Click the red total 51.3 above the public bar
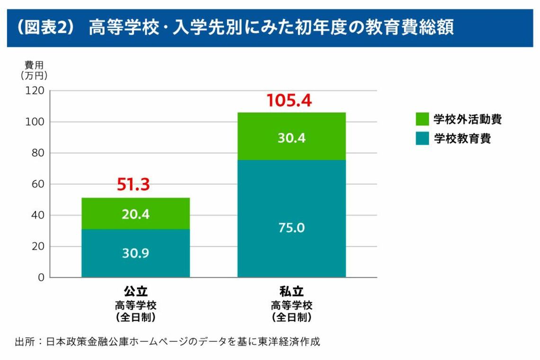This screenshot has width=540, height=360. coord(134,185)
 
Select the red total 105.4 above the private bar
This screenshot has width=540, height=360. coord(289,100)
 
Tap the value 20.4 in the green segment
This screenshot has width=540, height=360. coord(135,214)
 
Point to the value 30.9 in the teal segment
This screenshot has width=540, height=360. coord(135,253)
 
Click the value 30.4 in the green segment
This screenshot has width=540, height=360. coord(291,138)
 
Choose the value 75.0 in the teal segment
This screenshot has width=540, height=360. coord(291,228)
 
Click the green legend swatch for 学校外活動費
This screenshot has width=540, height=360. coord(422,119)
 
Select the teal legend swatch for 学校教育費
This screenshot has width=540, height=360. coord(422,138)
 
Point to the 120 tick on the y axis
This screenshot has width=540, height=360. coord(35,90)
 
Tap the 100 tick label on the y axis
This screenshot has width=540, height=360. coord(35,122)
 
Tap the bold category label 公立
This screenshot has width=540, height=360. coord(135,291)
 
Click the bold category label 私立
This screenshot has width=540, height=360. coord(291,291)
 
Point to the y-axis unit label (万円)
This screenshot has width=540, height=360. coord(34,75)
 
